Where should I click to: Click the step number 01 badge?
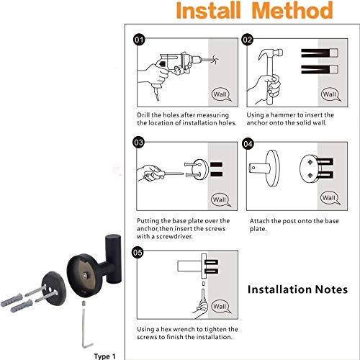(139, 40)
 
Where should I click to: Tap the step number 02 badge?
(248, 40)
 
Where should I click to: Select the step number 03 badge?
(138, 143)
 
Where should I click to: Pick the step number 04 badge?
(248, 144)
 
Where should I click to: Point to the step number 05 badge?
(138, 253)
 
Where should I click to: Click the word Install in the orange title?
(208, 10)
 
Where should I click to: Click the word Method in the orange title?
(292, 10)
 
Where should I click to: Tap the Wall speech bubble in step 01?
(221, 94)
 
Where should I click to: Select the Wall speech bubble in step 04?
(330, 198)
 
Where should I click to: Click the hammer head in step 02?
(271, 54)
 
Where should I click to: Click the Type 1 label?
(104, 356)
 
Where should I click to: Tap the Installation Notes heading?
(297, 289)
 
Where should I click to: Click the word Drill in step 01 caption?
(143, 115)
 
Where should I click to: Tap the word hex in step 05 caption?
(166, 329)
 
